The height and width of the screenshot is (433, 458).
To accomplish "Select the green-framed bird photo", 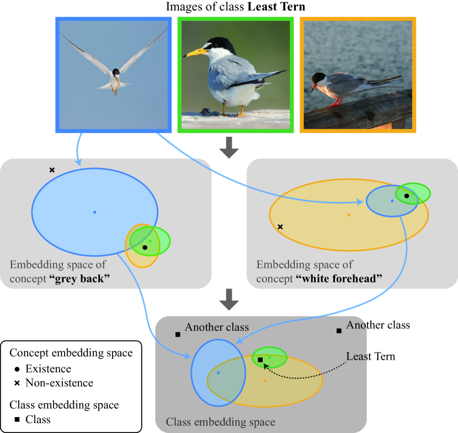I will point(235,74).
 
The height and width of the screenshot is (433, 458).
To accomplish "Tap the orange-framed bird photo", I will point(357,74).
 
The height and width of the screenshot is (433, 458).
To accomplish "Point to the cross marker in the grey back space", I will point(52,170).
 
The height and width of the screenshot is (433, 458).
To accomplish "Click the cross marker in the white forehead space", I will point(280,226).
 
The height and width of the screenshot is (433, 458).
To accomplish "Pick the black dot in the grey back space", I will point(145,248).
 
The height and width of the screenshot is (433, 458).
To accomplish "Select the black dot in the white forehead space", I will point(406,196).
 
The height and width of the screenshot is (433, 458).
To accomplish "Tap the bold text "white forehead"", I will point(339,279).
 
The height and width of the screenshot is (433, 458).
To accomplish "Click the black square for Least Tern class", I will point(260,360).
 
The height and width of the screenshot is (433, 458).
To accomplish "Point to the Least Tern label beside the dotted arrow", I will point(370,356).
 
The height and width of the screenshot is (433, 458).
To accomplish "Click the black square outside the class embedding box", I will point(338,331).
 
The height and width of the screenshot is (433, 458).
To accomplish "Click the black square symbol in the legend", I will point(17,420).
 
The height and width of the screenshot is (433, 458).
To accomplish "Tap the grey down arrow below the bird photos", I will point(228,148).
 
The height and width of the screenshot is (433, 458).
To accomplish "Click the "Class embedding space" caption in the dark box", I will point(220,423).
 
